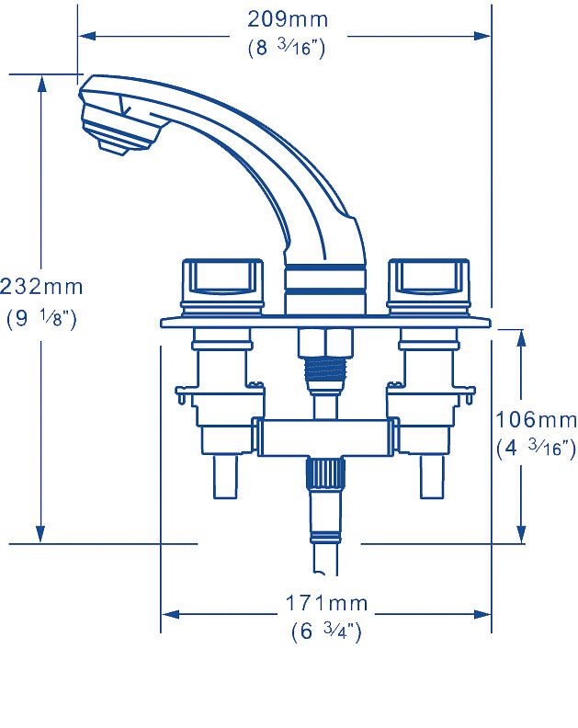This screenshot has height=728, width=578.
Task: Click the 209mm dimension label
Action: coord(288,19)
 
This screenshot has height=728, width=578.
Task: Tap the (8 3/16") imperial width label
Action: coord(287,48)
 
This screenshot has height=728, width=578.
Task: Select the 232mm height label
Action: coord(41,287)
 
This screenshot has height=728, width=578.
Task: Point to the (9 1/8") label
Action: coord(41,318)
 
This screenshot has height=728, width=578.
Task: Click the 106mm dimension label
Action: coord(537,420)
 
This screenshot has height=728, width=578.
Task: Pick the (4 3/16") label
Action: coord(537,449)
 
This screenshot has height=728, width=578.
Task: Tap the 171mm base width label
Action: coord(327,603)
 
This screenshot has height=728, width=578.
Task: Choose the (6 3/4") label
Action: coord(326,631)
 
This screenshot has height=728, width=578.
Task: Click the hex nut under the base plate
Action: coord(326,343)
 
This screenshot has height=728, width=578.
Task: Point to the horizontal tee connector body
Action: coord(325,437)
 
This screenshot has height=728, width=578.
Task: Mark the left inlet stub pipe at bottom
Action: coord(225,477)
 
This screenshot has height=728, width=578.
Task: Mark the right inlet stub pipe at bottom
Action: coord(432,477)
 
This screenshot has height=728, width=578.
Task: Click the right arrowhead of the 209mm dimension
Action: coord(482,36)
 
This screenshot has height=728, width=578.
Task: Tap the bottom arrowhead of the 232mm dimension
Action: coord(41,534)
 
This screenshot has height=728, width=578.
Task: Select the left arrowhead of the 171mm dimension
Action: coord(170,614)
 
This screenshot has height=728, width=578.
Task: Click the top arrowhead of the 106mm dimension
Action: coord(521,338)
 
